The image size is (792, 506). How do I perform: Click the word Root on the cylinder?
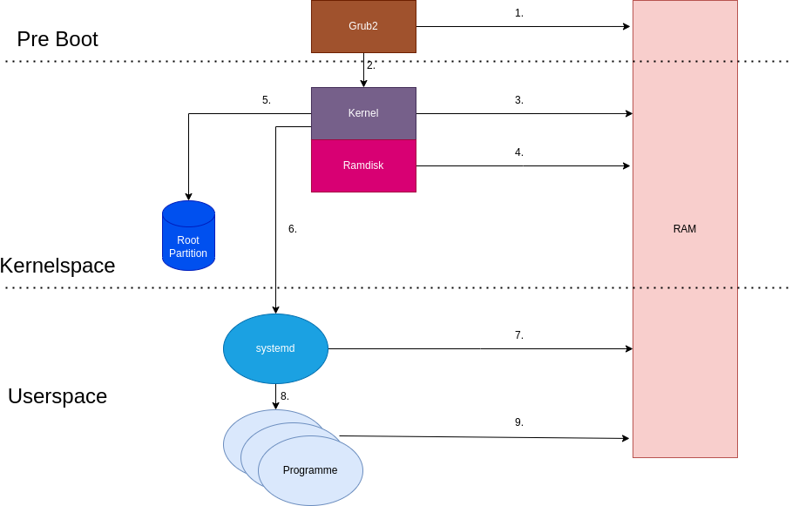[x=188, y=240]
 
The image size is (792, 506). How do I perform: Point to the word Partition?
[x=188, y=253]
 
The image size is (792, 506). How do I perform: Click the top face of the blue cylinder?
[x=188, y=213]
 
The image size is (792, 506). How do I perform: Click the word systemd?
[x=275, y=348]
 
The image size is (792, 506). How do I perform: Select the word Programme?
[x=310, y=470]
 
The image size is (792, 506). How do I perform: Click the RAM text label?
[x=685, y=229]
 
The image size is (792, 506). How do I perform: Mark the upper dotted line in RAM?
[x=685, y=62]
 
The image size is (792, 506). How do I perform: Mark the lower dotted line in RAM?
[x=685, y=287]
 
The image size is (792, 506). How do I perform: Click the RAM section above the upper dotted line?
[x=685, y=31]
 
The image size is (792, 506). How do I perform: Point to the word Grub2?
[x=363, y=26]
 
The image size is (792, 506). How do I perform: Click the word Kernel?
[x=363, y=113]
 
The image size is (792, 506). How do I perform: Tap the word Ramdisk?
[x=363, y=165]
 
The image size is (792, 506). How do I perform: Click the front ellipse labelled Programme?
[x=310, y=488]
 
